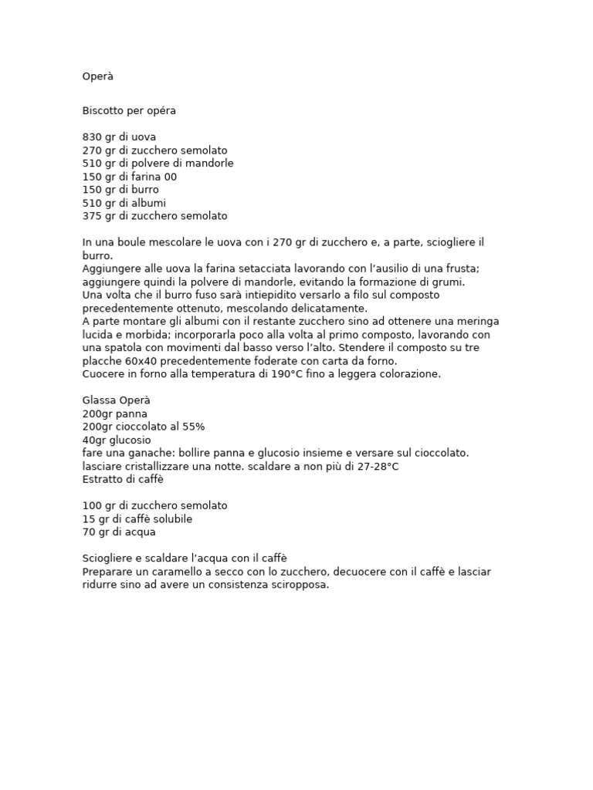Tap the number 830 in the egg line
(92, 137)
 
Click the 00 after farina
(170, 177)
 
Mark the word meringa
(476, 322)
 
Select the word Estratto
(103, 479)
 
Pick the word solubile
(171, 519)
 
